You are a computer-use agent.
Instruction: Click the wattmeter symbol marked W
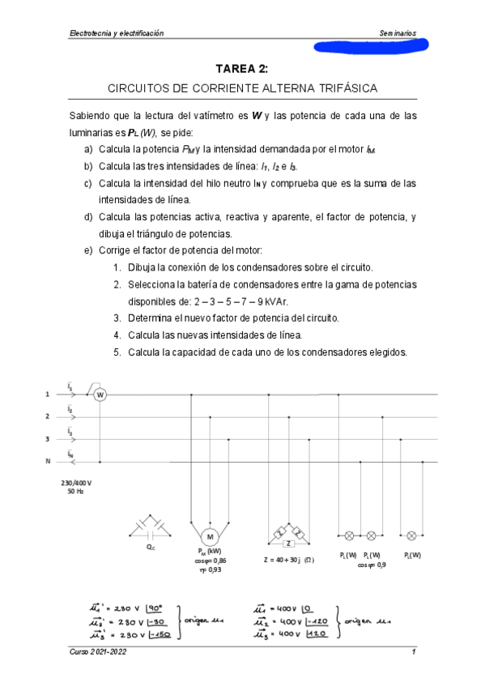tap(101, 395)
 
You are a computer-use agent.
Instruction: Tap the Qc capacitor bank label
tap(150, 547)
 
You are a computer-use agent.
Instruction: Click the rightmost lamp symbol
tap(411, 536)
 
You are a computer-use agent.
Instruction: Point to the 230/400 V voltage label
tap(76, 482)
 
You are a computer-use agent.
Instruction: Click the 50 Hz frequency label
tap(76, 492)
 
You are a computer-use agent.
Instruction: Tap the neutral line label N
tap(49, 461)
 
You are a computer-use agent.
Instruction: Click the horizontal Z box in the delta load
tap(288, 544)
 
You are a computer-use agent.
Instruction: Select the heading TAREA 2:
tap(242, 70)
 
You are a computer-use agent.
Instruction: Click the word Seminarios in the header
tap(398, 33)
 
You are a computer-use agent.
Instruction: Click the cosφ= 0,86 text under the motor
tap(211, 561)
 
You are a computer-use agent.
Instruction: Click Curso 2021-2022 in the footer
tap(98, 653)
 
